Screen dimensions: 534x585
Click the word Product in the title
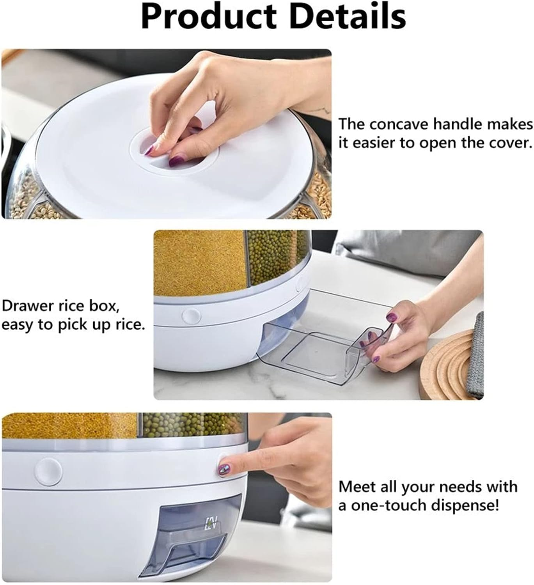[x=209, y=17]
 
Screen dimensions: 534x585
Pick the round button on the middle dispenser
[x=192, y=316]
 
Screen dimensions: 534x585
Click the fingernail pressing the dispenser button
[x=224, y=470]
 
